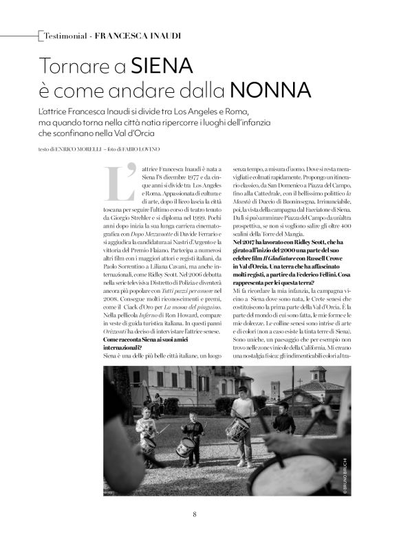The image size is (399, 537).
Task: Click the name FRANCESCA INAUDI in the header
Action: [x=133, y=34]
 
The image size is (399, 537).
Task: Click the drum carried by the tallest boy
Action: [x=239, y=430]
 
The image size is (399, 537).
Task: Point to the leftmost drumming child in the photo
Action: [x=146, y=433]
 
